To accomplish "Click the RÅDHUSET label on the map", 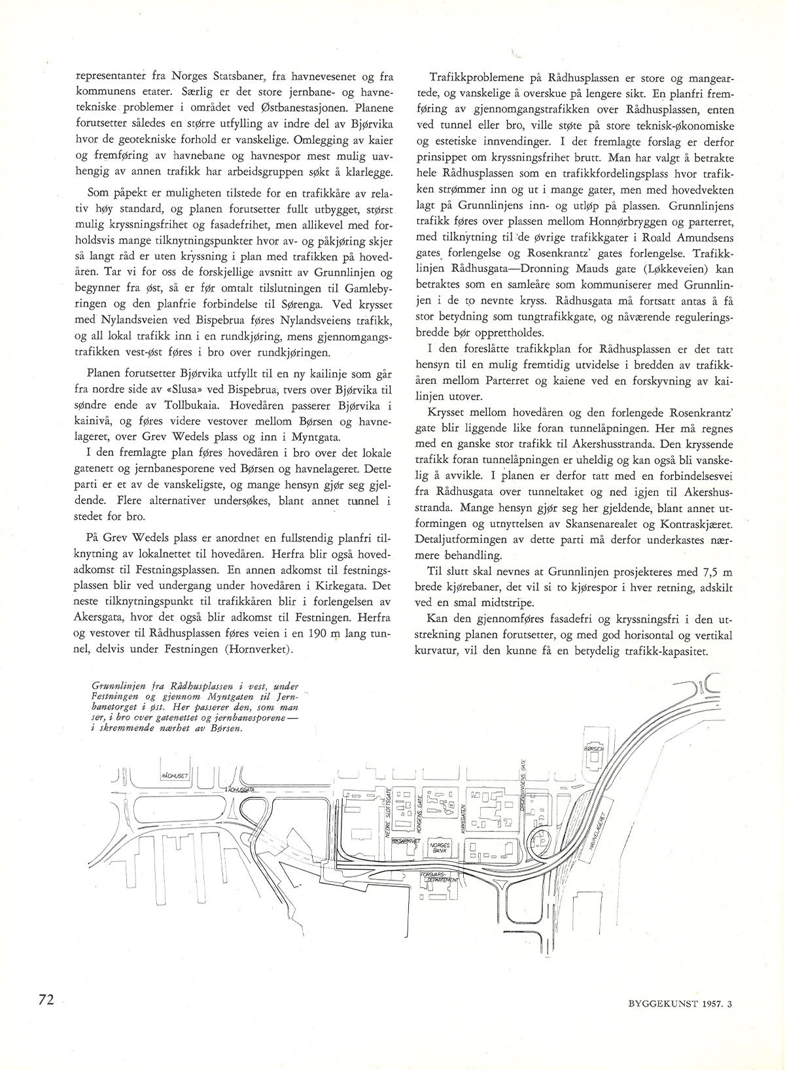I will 174,776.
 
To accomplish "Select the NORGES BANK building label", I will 438,848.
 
